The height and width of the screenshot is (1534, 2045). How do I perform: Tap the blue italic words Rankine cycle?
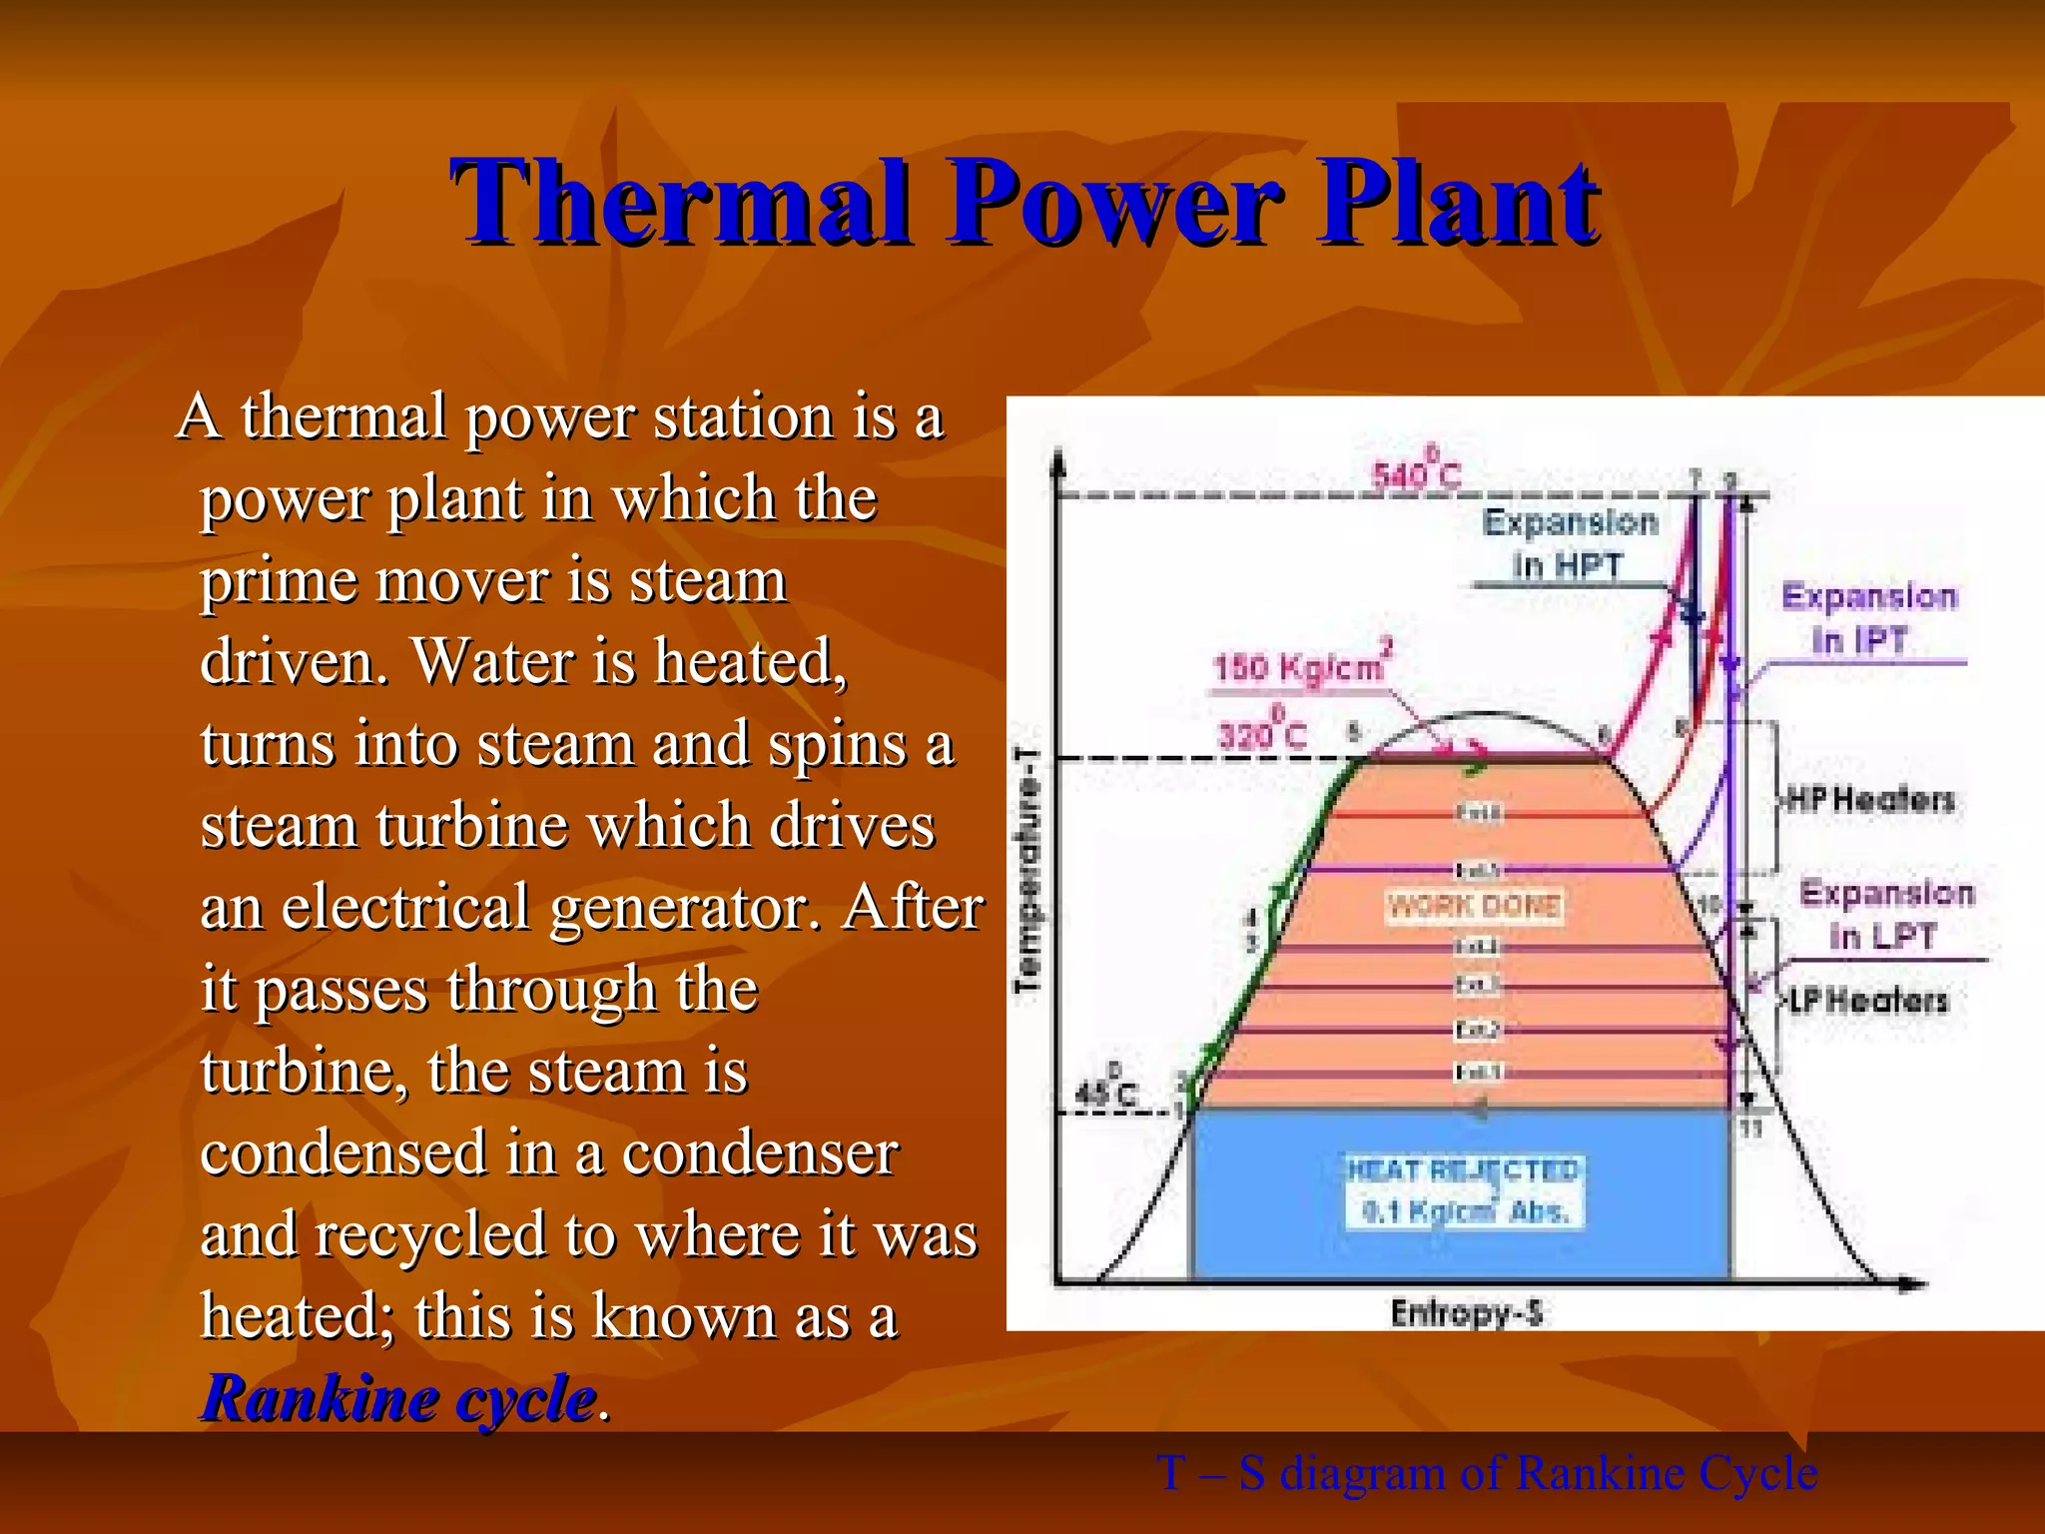(399, 1398)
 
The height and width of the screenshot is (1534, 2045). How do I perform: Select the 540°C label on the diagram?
(1416, 471)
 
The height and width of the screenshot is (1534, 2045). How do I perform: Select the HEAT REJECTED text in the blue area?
(1464, 1169)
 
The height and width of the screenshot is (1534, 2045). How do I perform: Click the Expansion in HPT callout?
(1569, 543)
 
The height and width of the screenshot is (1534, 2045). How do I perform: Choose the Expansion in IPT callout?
(1867, 617)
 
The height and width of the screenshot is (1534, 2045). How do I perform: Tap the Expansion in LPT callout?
(1885, 914)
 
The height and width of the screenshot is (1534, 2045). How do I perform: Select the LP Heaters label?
(1867, 1000)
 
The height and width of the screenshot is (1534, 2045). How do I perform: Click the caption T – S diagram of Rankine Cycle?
(1487, 1473)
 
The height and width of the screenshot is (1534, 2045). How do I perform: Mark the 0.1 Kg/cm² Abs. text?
(1466, 1211)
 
